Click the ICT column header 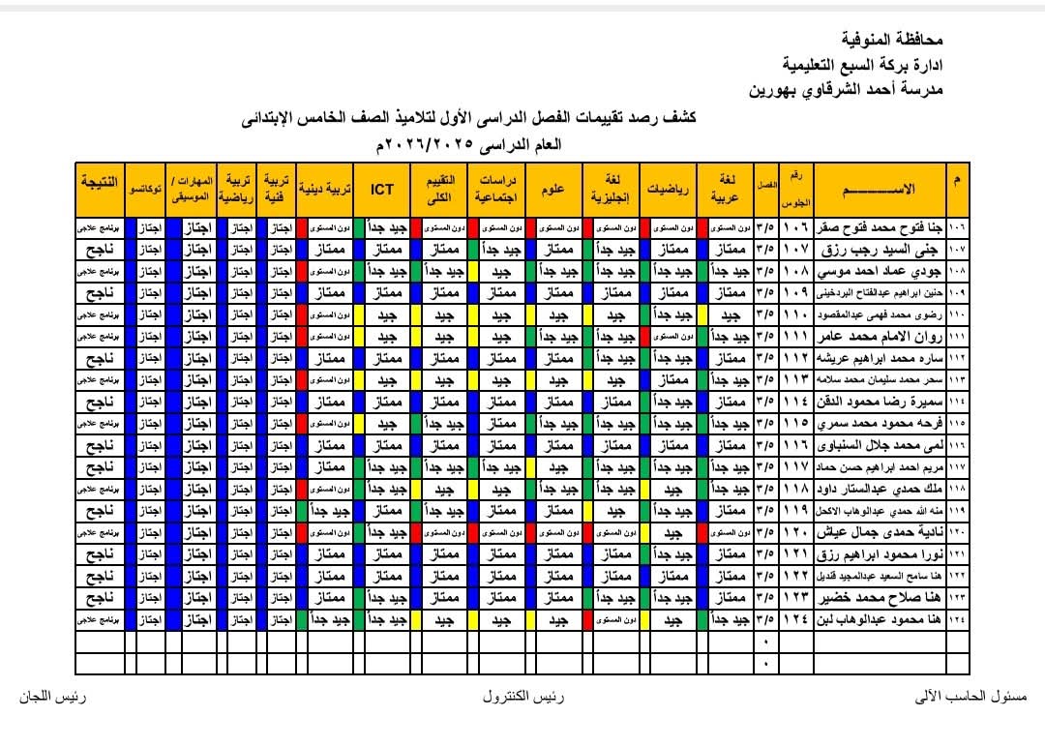tap(381, 190)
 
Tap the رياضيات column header tap(669, 190)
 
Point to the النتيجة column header tap(101, 183)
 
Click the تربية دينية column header tap(327, 190)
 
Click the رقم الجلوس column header tap(797, 190)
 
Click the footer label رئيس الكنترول tap(523, 697)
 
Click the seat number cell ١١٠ tap(797, 314)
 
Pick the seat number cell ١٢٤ tap(797, 617)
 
